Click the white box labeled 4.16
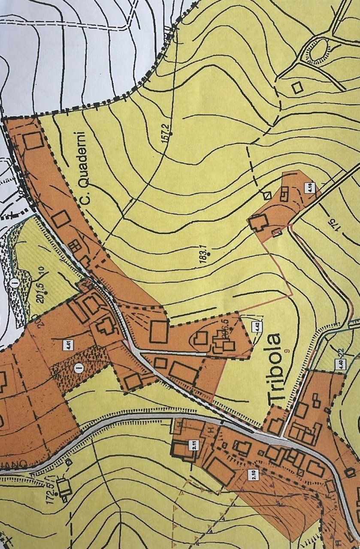[310, 187]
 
